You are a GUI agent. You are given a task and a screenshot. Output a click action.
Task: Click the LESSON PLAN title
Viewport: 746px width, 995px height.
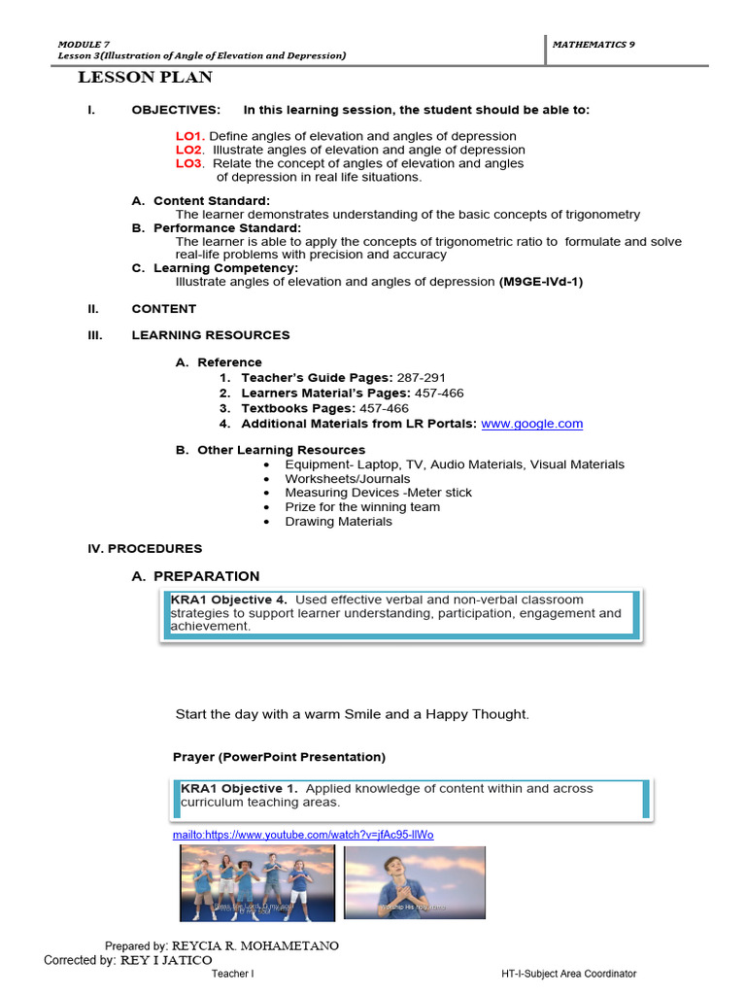pyautogui.click(x=145, y=78)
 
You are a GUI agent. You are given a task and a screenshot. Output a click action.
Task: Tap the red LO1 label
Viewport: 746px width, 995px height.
pyautogui.click(x=189, y=136)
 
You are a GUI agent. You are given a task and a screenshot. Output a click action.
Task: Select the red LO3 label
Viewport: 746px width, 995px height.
pyautogui.click(x=189, y=163)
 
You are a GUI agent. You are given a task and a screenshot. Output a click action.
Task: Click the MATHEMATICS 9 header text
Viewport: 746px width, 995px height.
pyautogui.click(x=593, y=45)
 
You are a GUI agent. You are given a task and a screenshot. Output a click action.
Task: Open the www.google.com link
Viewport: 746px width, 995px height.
pyautogui.click(x=531, y=424)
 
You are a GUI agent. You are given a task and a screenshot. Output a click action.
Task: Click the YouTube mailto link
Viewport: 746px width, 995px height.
pyautogui.click(x=302, y=835)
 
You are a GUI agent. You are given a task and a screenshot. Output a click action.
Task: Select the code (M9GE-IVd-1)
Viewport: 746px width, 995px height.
pyautogui.click(x=541, y=282)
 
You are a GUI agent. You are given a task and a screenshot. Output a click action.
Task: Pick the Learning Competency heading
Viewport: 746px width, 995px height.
pyautogui.click(x=225, y=267)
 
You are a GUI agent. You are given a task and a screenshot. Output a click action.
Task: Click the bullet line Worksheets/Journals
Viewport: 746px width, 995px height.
pyautogui.click(x=347, y=478)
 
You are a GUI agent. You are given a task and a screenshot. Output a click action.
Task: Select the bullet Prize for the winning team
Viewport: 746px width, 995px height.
pyautogui.click(x=361, y=506)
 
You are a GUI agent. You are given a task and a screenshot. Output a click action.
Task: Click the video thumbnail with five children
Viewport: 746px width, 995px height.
pyautogui.click(x=256, y=882)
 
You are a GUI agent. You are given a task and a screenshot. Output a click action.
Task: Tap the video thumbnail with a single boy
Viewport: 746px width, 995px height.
pyautogui.click(x=415, y=882)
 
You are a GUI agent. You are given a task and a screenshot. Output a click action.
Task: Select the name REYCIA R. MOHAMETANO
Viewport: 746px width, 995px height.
pyautogui.click(x=255, y=945)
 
